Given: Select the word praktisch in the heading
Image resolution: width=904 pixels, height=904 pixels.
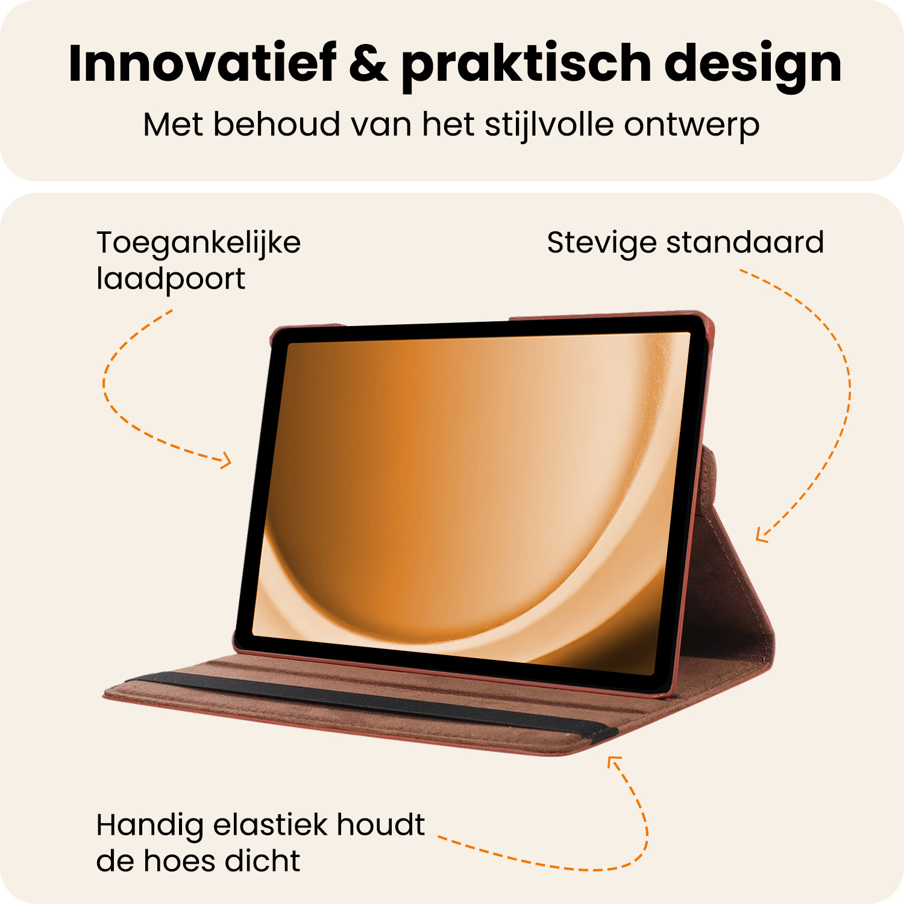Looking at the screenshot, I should (526, 65).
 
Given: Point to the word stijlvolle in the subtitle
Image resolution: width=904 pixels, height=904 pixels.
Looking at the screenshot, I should (548, 125).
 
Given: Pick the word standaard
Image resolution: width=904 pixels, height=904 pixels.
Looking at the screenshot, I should (745, 243).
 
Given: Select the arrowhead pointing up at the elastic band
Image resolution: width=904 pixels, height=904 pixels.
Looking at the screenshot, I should (613, 762).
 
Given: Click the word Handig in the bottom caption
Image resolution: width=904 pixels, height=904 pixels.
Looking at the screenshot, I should (149, 826).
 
